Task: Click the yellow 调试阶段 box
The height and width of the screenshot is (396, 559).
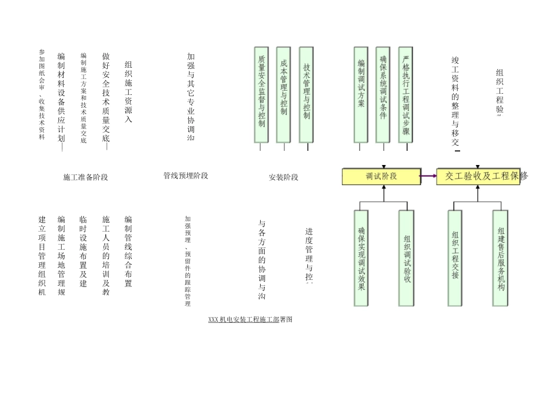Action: tap(381, 176)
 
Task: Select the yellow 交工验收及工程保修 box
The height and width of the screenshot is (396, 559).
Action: tap(478, 176)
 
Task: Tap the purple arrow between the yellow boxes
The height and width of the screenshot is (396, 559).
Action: tap(428, 176)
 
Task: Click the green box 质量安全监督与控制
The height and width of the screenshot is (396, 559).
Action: tap(261, 95)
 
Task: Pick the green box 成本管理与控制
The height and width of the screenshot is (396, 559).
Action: tap(284, 95)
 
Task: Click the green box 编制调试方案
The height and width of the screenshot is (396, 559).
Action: tap(361, 95)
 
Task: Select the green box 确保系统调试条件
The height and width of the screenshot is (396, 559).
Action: tap(383, 95)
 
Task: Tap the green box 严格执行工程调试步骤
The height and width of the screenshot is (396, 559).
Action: tap(405, 95)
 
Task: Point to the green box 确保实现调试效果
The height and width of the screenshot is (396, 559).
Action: tap(361, 258)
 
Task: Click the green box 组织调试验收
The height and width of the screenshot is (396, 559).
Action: tap(406, 258)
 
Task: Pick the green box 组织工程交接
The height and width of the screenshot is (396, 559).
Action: tap(455, 258)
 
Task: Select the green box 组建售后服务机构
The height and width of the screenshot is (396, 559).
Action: tap(500, 258)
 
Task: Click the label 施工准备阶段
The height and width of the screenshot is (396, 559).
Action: tap(85, 177)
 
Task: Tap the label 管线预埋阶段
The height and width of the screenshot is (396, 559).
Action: tap(185, 176)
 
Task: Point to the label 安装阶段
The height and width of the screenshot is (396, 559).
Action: tap(284, 177)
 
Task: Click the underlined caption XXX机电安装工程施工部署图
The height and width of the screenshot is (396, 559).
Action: tap(251, 319)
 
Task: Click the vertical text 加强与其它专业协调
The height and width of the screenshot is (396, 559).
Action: tap(190, 97)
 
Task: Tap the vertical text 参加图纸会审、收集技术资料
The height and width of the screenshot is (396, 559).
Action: tap(42, 95)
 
